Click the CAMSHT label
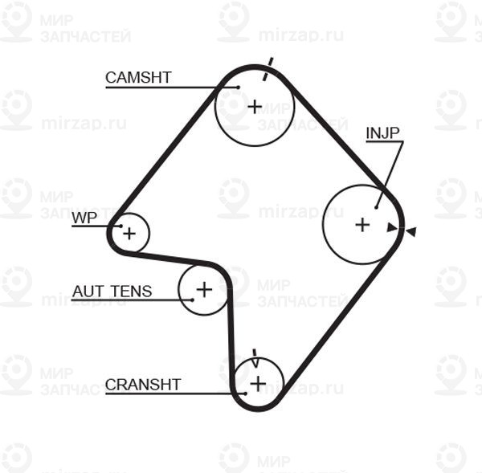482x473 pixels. [x=138, y=77]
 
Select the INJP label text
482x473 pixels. [x=382, y=133]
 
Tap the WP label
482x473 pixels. [x=84, y=218]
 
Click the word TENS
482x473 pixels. [x=132, y=292]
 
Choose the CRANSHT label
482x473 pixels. [x=143, y=385]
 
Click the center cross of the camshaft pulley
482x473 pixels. [x=255, y=107]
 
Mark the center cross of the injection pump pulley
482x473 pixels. [x=362, y=225]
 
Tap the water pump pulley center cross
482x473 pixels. [x=129, y=234]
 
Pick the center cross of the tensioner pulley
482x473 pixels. [x=204, y=290]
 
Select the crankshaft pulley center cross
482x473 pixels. [x=258, y=384]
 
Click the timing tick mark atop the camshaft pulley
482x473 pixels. [x=268, y=69]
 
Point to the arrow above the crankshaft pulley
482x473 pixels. [x=255, y=358]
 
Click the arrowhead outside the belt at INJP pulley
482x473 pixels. [x=411, y=231]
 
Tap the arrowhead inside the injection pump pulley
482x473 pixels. [x=392, y=228]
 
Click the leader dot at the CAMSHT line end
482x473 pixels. [x=239, y=88]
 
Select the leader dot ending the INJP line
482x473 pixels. [x=376, y=208]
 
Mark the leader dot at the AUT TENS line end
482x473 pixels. [x=193, y=300]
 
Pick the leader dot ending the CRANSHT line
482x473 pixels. [x=245, y=393]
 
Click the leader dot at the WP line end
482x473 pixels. [x=120, y=226]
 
